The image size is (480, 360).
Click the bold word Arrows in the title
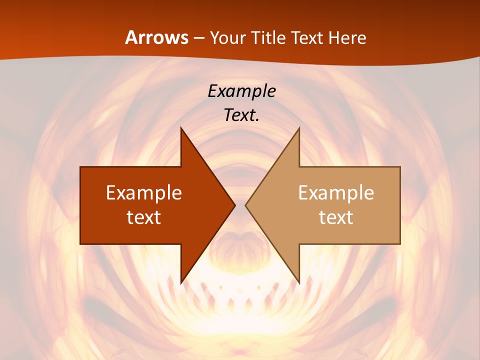pos(157,37)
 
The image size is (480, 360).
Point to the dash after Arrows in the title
pos(199,38)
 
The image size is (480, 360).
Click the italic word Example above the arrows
pos(241,91)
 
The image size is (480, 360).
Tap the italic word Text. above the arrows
pos(241,115)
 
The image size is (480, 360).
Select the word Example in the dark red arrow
pos(144,192)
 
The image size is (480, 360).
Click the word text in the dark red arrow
pos(144,217)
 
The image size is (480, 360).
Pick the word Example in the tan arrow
pos(336,192)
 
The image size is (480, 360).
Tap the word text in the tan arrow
pos(336,217)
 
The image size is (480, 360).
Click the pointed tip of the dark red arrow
pos(235,205)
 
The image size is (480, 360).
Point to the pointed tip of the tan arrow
pos(245,205)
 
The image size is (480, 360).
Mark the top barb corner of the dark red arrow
pos(181,127)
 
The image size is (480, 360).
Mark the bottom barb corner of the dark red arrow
pos(181,283)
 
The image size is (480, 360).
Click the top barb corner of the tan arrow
pos(299,127)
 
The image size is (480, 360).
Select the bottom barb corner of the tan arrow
pos(299,283)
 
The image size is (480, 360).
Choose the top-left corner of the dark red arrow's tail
pos(80,167)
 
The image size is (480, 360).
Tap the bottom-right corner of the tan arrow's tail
pos(400,244)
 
